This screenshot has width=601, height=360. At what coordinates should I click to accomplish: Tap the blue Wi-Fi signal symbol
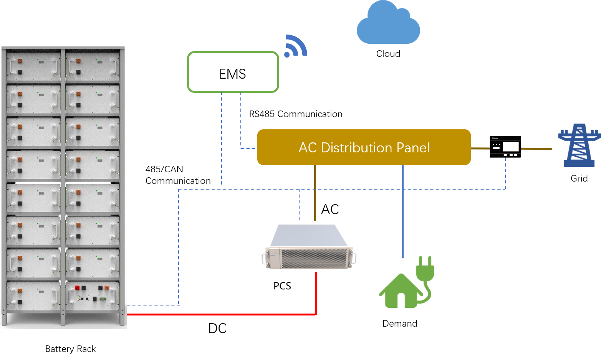296,46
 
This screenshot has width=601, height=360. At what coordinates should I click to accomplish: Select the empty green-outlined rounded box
233,72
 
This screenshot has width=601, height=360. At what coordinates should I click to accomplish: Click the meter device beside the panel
505,147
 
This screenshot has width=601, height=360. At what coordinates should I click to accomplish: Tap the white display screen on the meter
511,146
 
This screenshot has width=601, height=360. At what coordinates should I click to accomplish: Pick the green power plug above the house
425,269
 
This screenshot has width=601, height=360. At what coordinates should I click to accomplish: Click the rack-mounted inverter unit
309,246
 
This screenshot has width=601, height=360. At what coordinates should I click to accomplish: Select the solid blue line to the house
402,211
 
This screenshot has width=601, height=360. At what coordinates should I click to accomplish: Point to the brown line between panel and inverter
315,192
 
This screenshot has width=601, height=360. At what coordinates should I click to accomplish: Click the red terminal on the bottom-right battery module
77,288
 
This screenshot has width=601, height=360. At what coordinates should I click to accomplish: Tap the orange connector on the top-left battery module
19,61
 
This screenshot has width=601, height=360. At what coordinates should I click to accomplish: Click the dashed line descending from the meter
505,173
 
